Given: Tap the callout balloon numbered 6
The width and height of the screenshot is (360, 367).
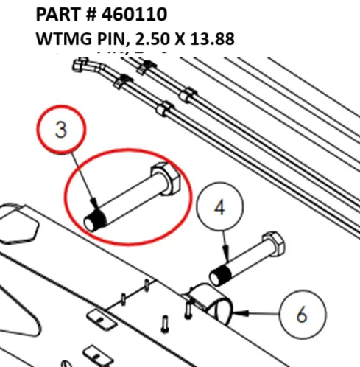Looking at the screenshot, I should (301, 315).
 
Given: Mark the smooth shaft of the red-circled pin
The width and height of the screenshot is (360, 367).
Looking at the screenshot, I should (129, 200).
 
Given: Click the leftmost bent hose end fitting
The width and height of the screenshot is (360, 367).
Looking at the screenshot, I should (82, 69).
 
